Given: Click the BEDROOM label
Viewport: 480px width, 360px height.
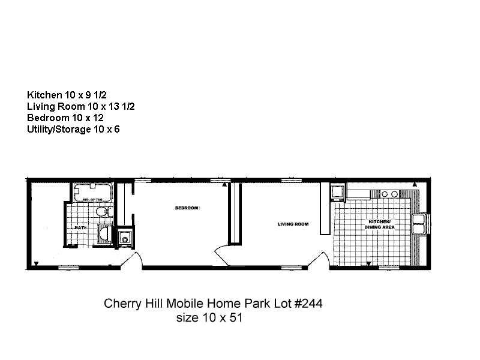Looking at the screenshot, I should [187, 208].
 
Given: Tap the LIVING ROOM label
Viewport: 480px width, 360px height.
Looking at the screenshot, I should [293, 224].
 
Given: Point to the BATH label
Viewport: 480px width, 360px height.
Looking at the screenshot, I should [80, 228].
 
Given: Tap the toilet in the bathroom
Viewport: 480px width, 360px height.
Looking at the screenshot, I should [103, 211].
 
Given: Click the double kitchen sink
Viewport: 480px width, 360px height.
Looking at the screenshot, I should [419, 223].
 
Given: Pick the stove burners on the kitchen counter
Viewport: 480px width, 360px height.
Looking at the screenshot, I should [390, 194].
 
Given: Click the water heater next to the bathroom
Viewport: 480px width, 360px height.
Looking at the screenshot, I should [125, 238].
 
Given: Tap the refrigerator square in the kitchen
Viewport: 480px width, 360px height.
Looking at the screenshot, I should [337, 193].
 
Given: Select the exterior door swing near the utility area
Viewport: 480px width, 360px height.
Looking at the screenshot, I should [135, 260].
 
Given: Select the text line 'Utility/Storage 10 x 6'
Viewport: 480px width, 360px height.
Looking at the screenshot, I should [73, 129].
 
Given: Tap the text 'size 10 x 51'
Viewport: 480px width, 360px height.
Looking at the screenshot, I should [209, 318].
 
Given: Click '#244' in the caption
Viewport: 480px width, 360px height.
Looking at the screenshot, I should [308, 304].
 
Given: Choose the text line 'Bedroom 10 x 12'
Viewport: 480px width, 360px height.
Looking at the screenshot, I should [65, 118].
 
